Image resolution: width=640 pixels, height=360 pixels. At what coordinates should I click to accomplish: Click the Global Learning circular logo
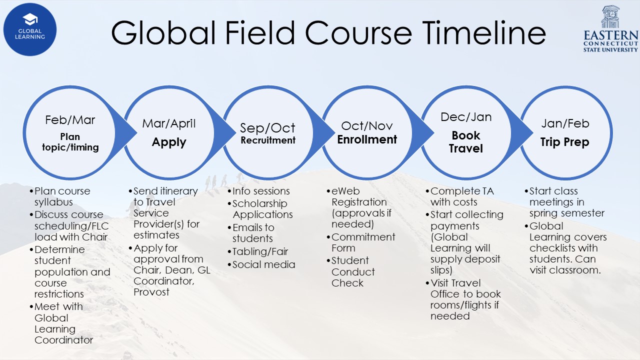(30, 29)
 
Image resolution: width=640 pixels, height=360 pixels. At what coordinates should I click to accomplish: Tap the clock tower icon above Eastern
(610, 16)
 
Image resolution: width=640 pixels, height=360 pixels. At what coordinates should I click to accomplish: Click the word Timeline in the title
(483, 33)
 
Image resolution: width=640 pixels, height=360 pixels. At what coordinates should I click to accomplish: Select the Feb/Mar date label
(70, 120)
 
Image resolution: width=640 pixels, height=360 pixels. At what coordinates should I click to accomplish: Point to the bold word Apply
(169, 142)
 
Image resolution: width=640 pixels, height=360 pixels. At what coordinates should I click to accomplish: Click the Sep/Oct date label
(267, 128)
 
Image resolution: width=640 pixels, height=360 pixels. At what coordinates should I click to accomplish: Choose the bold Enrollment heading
(367, 139)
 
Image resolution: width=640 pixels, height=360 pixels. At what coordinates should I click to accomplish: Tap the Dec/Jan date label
(466, 117)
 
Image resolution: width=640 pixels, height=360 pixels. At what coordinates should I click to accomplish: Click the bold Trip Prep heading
(565, 142)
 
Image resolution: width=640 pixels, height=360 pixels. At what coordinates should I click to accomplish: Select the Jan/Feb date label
(565, 123)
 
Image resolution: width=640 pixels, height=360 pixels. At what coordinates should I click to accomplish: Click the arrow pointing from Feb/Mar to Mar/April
(125, 133)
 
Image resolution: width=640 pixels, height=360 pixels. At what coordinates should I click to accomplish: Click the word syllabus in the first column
(53, 202)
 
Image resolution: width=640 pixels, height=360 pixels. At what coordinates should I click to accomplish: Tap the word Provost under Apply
(151, 292)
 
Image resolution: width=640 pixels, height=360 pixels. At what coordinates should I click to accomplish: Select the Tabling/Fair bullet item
(260, 251)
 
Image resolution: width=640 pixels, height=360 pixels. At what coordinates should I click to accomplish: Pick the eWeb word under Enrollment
(345, 191)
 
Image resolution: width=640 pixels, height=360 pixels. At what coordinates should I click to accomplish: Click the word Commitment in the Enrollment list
(363, 237)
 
